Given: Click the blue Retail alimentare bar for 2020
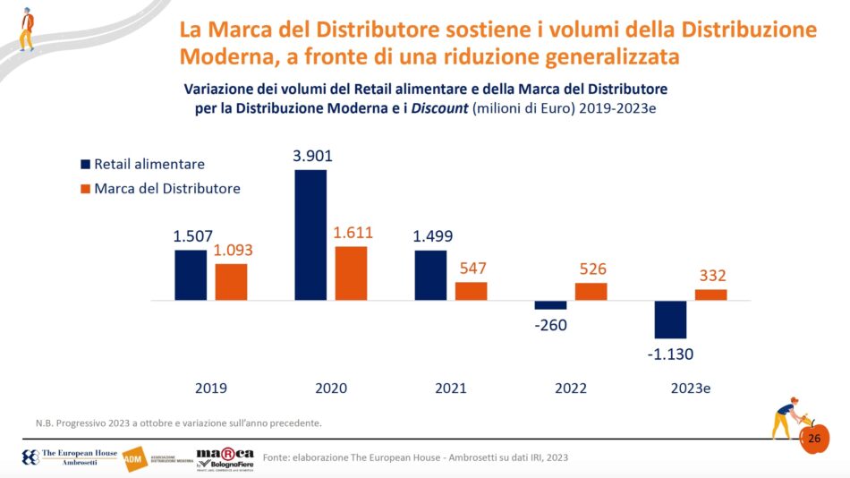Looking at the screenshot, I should (x=310, y=235).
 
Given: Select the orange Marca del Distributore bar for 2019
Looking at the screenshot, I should (x=231, y=281).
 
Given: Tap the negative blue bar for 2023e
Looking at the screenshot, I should (x=670, y=319).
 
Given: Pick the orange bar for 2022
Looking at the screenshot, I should (x=591, y=291).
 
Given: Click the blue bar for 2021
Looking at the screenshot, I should (x=430, y=275).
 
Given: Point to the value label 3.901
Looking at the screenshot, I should (x=311, y=156).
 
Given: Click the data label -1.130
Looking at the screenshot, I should (x=670, y=354).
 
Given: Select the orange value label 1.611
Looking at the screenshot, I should (x=352, y=233).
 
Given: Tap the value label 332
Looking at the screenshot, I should (x=711, y=276).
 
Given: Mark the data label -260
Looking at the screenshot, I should (x=550, y=325).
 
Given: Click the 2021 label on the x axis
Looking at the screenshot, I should (x=451, y=388).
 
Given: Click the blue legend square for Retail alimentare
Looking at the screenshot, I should (x=85, y=165).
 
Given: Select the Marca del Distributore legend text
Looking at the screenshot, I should (x=166, y=188).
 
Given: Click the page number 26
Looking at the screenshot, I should (x=814, y=439).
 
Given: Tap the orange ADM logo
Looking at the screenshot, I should (x=132, y=458).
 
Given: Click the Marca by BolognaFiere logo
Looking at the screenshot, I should (x=224, y=458).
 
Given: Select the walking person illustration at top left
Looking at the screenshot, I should (x=27, y=27).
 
